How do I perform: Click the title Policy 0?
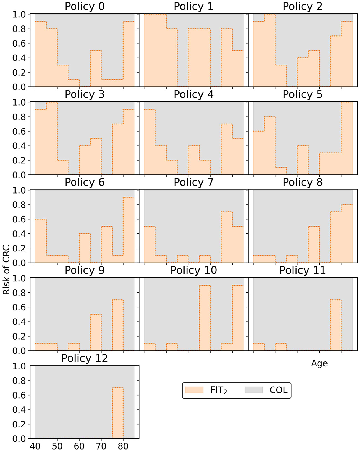coord(85,6)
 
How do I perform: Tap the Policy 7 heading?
coord(193,182)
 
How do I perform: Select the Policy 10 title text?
coord(193,270)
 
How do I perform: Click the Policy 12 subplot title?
coord(85,358)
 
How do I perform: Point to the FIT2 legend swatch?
coord(194,390)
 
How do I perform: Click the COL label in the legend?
coord(279,390)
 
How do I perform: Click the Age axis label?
coord(319,363)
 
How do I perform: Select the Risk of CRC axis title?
coord(6,270)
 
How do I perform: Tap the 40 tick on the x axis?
coord(35,446)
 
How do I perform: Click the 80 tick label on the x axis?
coord(123,446)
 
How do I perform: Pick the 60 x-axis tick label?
coord(79,446)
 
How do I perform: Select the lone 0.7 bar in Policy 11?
coord(336,325)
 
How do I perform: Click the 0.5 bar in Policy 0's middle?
coord(96,69)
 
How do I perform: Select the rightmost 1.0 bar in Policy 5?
coord(347,138)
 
